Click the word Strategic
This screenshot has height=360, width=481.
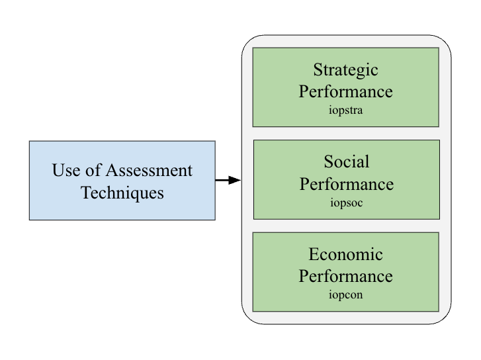346,71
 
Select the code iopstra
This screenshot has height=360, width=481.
346,110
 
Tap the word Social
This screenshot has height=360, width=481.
347,161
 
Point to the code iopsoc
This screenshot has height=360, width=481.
347,203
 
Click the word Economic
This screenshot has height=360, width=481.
346,254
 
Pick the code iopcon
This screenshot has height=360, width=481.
346,295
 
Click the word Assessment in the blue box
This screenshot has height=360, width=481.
149,170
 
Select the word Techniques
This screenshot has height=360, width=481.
122,193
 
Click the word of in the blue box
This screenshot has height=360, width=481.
93,169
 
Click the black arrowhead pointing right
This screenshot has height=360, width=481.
234,180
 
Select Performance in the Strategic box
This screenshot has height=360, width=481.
346,91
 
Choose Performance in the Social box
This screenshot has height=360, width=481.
347,184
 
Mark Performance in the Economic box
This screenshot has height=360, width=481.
346,276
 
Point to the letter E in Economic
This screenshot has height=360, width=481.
314,254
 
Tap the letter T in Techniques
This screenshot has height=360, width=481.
86,193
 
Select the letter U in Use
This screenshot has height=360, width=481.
58,170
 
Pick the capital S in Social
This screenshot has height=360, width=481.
329,161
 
